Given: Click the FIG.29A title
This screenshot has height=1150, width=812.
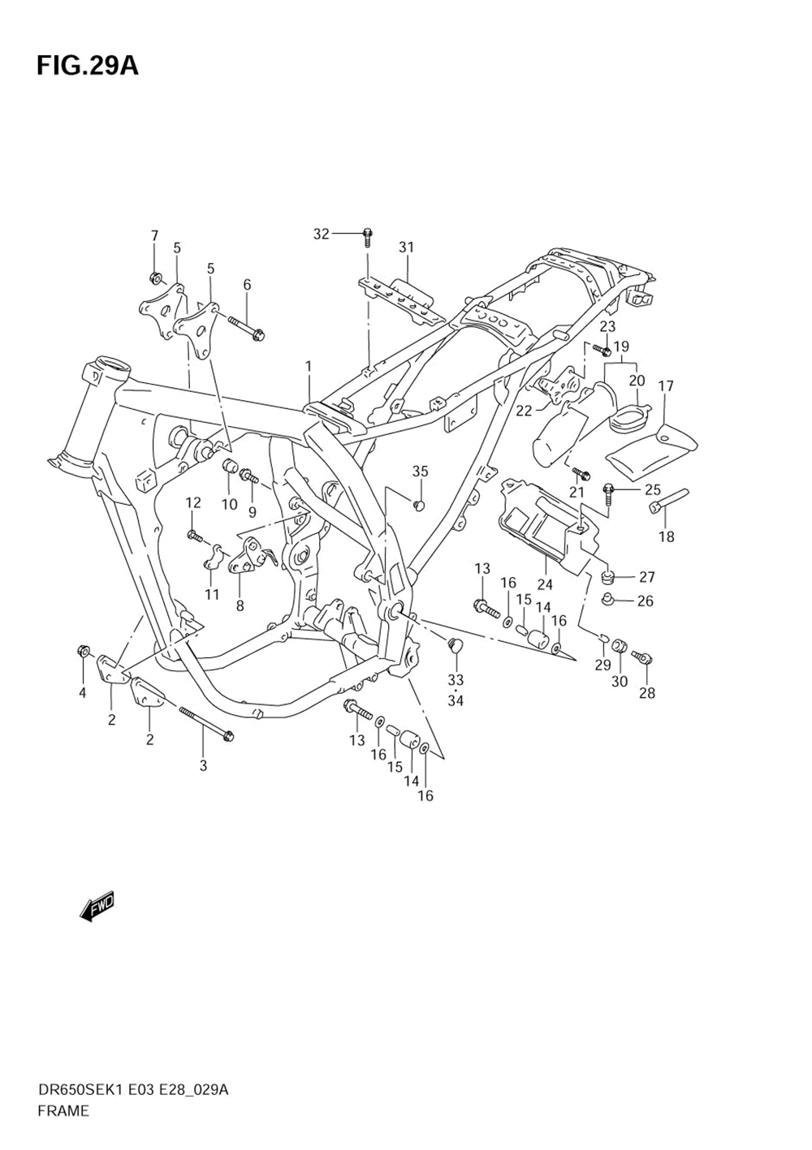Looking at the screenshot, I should click(x=87, y=66).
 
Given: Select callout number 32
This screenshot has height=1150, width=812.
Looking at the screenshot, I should click(x=322, y=234).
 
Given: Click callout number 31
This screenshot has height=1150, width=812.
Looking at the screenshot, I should click(x=406, y=247).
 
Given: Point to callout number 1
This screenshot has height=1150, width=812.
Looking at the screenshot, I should click(x=309, y=367).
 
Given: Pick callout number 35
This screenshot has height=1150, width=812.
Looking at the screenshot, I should click(x=420, y=472).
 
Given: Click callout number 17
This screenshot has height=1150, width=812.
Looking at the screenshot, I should click(x=666, y=386).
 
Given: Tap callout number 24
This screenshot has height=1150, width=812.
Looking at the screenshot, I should click(x=545, y=584).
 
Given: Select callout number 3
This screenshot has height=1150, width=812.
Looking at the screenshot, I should click(x=203, y=765).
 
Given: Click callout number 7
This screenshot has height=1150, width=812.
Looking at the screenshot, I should click(x=154, y=235).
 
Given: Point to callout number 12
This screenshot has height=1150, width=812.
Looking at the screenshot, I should click(x=192, y=503).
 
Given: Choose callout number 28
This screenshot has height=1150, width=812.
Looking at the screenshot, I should click(x=646, y=693).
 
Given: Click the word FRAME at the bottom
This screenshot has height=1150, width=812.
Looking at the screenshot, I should click(x=63, y=1111).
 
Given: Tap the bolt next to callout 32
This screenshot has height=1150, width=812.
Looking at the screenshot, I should click(x=367, y=236).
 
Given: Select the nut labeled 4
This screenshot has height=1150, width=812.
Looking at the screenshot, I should click(x=83, y=650).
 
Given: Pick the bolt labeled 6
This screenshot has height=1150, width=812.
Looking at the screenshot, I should click(x=246, y=327).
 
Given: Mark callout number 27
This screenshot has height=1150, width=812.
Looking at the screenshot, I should click(x=646, y=577).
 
